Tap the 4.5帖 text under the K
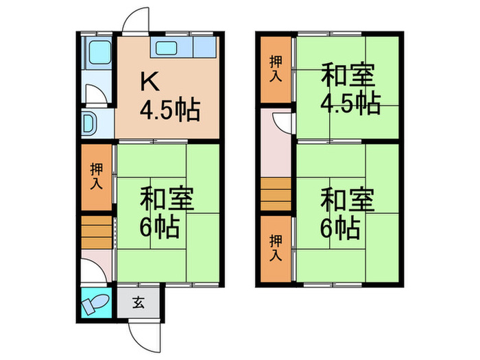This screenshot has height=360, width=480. pyautogui.click(x=170, y=108)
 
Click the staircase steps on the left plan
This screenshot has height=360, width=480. pyautogui.click(x=95, y=232)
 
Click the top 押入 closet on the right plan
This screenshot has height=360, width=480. pyautogui.click(x=275, y=69)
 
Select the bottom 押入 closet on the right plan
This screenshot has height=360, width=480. pyautogui.click(x=275, y=248)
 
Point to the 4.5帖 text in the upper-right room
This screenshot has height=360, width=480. pyautogui.click(x=350, y=104)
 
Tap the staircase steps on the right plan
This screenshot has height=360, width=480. pyautogui.click(x=276, y=195)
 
